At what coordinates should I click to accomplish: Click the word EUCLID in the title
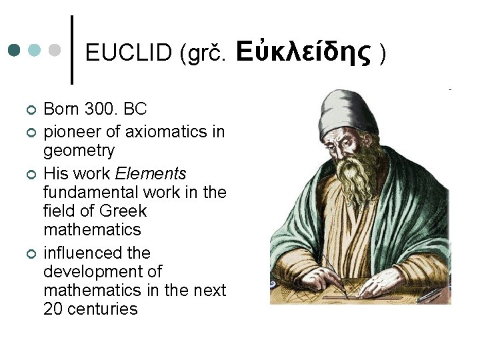129,53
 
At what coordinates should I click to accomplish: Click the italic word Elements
151,174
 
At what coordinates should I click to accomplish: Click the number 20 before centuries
53,309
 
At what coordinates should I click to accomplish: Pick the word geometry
79,150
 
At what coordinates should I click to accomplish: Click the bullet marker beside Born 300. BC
29,109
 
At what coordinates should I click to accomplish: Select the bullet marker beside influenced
29,254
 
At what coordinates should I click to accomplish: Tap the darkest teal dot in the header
15,51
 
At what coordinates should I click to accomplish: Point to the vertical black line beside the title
72,50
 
